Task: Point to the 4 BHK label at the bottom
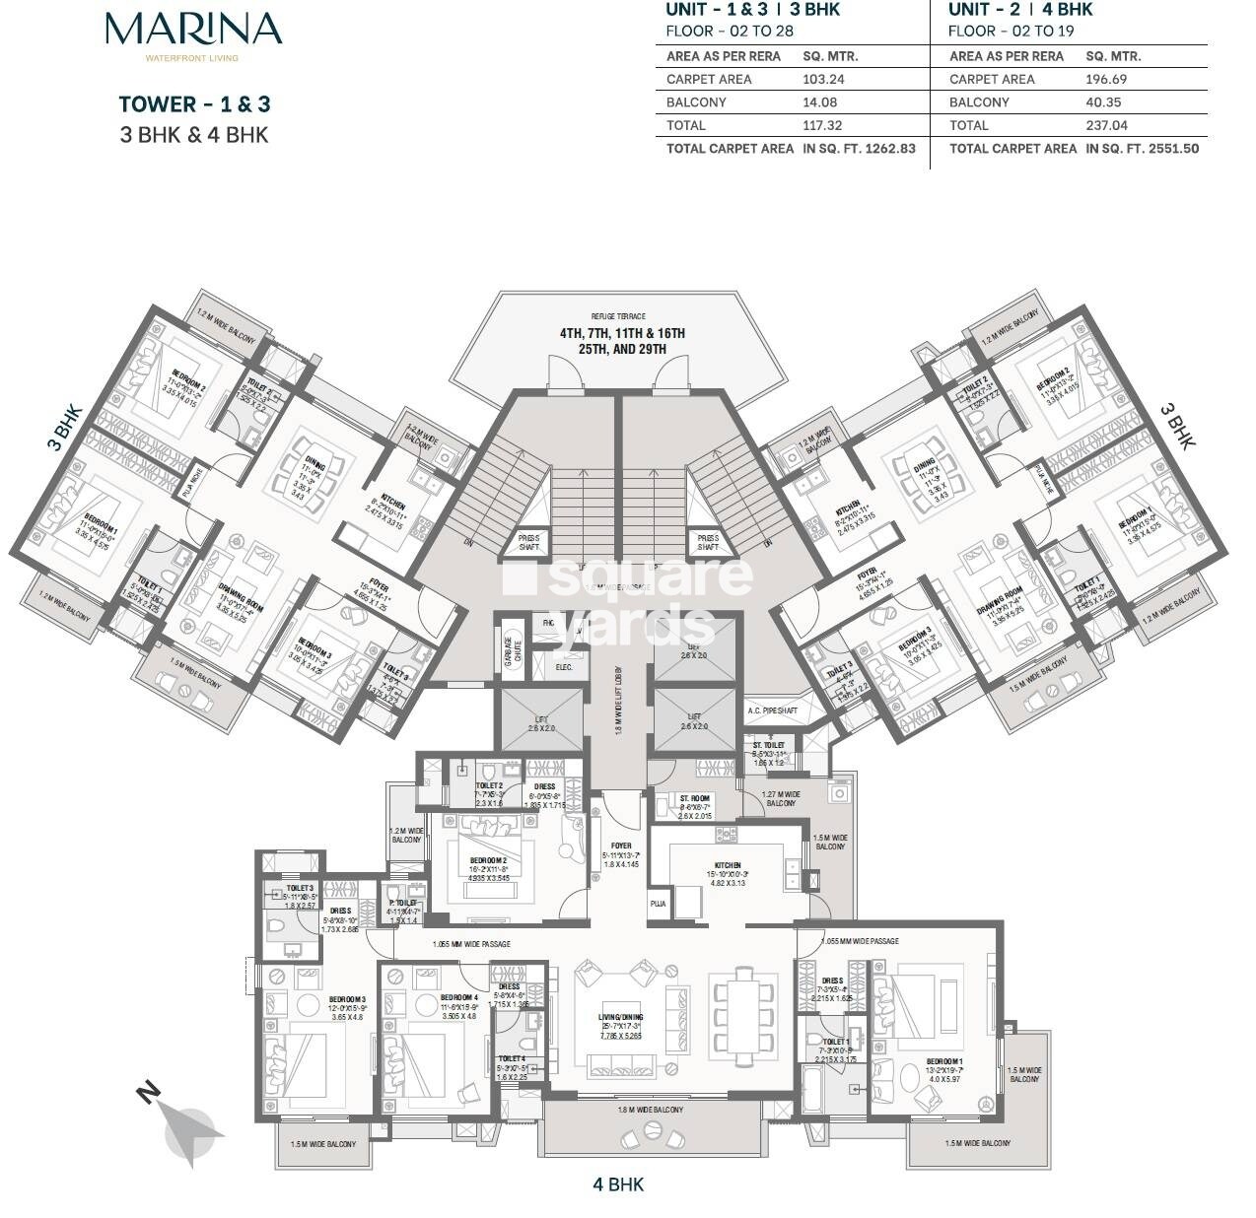(x=619, y=1184)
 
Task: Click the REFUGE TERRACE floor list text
(x=621, y=341)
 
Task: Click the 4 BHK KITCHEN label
(x=729, y=866)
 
